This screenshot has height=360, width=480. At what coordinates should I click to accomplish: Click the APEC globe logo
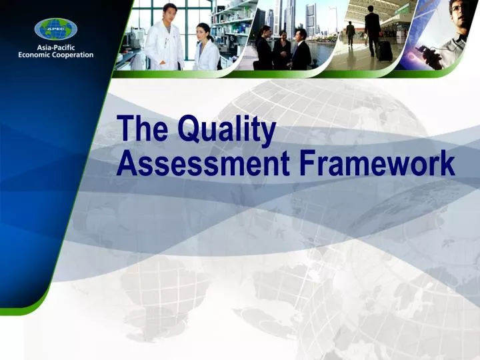[56, 29]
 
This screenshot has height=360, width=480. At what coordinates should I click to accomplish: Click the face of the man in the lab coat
[170, 11]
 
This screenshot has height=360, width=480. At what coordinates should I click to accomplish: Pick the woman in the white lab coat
[206, 50]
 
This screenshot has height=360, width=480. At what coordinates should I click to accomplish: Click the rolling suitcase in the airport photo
[385, 51]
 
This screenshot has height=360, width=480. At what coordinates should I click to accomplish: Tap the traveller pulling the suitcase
[372, 29]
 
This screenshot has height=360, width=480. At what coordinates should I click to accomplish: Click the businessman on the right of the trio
[301, 49]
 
